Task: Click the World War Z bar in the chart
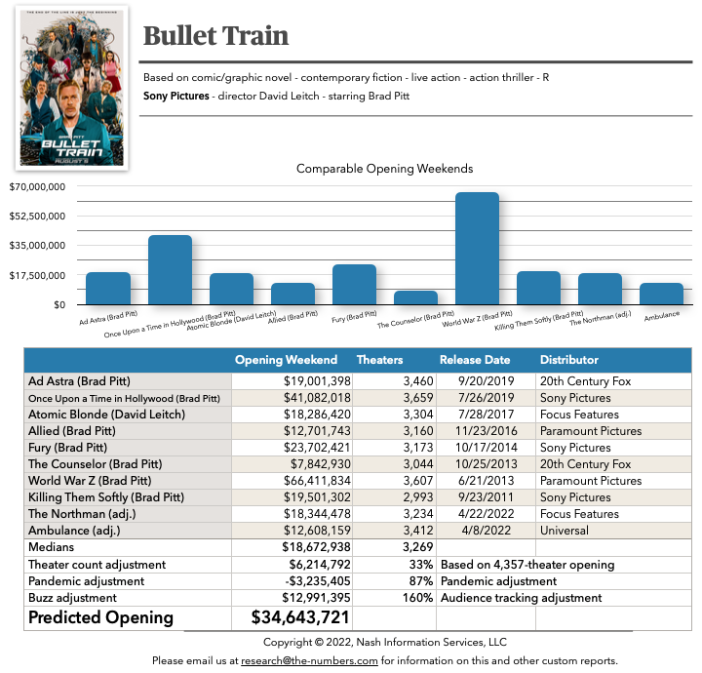pos(477,249)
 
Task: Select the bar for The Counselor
pos(415,297)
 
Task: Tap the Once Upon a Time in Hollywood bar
pos(170,270)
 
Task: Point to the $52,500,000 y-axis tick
pos(37,216)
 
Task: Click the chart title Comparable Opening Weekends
pos(384,169)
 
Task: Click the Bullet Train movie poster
pos(72,87)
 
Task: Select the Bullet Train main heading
pos(215,36)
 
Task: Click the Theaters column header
pos(380,360)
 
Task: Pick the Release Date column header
pos(475,360)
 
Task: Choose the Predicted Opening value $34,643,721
pos(300,617)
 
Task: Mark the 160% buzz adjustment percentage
pos(417,597)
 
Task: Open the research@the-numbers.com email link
pos(310,660)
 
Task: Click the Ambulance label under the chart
pos(662,316)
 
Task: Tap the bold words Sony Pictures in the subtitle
pos(176,96)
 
